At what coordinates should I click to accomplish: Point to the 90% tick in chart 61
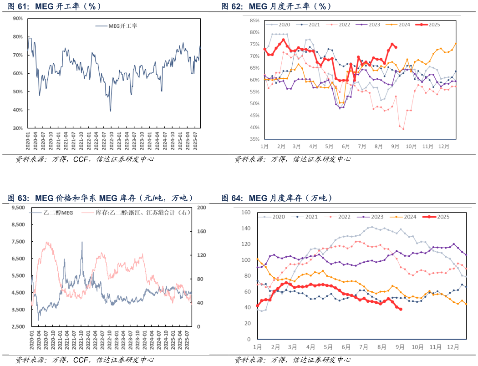pyautogui.click(x=18, y=18)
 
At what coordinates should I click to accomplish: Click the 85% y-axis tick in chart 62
pyautogui.click(x=254, y=20)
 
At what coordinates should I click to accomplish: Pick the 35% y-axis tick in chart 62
pyautogui.click(x=254, y=139)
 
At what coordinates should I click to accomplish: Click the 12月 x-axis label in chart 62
pyautogui.click(x=444, y=146)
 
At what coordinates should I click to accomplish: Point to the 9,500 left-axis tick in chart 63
pyautogui.click(x=18, y=208)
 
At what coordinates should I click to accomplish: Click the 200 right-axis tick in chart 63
pyautogui.click(x=201, y=208)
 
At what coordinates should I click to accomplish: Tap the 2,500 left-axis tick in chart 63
pyautogui.click(x=18, y=326)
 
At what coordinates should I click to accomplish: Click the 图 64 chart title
pyautogui.click(x=277, y=198)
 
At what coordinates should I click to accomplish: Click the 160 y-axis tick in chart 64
pyautogui.click(x=246, y=213)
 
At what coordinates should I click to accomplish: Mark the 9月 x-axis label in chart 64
pyautogui.click(x=401, y=347)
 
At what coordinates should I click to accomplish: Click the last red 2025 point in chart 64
pyautogui.click(x=401, y=309)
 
